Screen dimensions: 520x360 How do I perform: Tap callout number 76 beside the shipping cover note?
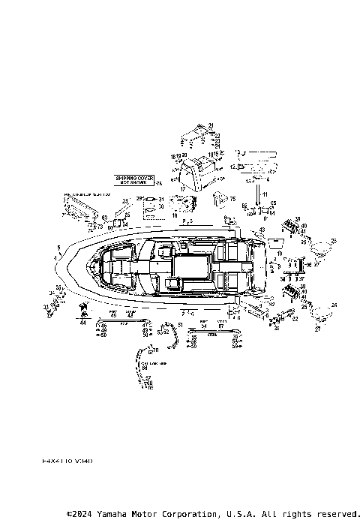[x=158, y=183]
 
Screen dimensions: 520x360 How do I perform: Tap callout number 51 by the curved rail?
[x=180, y=323]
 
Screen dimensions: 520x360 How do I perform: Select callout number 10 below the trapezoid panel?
[x=279, y=254]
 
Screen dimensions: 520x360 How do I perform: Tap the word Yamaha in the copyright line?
[x=124, y=514]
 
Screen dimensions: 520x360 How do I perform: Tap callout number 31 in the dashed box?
[x=160, y=200]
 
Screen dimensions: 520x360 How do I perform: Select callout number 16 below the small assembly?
[x=175, y=215]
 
